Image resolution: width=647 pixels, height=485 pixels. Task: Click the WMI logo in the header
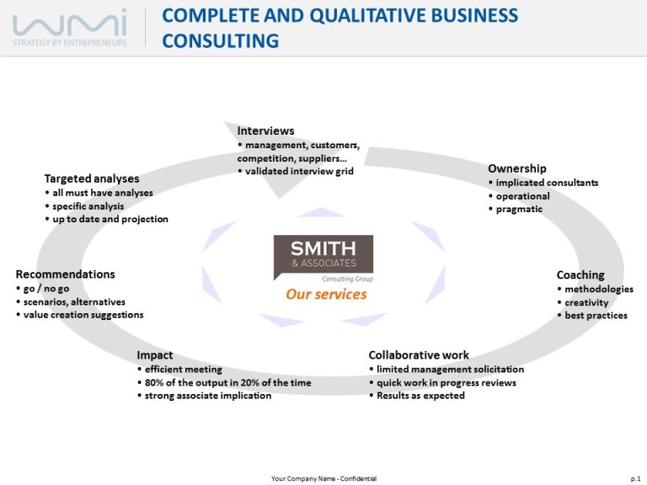(70, 27)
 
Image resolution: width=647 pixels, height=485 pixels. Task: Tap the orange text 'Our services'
(326, 294)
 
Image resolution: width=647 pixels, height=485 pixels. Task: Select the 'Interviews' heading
(265, 131)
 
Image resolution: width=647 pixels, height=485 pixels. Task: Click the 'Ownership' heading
(517, 168)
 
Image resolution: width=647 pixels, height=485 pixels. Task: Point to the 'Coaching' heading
(580, 274)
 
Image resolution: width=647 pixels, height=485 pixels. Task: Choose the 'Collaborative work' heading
(419, 355)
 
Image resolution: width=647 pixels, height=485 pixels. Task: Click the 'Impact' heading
(155, 355)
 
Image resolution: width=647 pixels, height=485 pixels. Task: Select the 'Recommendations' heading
(65, 274)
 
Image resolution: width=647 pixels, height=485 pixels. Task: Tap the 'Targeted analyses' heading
(92, 179)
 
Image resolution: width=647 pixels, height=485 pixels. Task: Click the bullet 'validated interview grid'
(296, 171)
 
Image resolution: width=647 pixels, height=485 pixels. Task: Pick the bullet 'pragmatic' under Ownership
(516, 209)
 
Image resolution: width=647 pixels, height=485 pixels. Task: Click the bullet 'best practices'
(592, 316)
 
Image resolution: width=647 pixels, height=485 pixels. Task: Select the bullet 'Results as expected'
(417, 396)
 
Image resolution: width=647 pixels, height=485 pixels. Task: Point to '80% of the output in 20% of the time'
(224, 383)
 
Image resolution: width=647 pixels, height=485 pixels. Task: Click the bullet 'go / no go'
(42, 289)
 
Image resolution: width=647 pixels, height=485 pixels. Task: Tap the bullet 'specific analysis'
(84, 206)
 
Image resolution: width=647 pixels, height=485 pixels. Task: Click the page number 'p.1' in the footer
(635, 478)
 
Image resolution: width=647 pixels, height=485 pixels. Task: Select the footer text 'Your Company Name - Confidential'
(323, 478)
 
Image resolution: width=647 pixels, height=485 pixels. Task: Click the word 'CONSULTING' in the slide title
(221, 40)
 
